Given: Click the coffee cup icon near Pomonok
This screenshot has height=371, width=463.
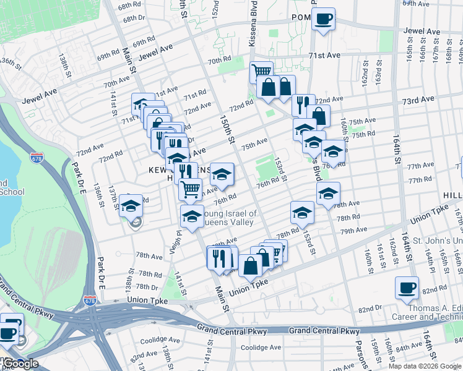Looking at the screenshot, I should coord(323,19).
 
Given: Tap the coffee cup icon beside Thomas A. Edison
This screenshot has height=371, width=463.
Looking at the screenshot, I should coord(407,288).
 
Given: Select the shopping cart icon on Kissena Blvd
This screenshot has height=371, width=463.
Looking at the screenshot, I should coord(261,72).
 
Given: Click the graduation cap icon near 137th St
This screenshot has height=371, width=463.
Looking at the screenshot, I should coord(131,205).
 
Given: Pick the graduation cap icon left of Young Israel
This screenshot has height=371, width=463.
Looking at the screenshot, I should coord(192,216).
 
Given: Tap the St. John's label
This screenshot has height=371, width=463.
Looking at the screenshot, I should coord(437,240).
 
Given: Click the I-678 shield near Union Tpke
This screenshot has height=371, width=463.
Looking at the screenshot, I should coord(90,301).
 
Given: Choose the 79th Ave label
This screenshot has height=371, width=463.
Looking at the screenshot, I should coord(354,231).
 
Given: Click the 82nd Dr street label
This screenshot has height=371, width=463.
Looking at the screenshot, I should coord(370,308).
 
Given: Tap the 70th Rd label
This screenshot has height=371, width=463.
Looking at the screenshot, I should coord(219,61).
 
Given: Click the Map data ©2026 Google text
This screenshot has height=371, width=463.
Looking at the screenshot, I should coord(423,366).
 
